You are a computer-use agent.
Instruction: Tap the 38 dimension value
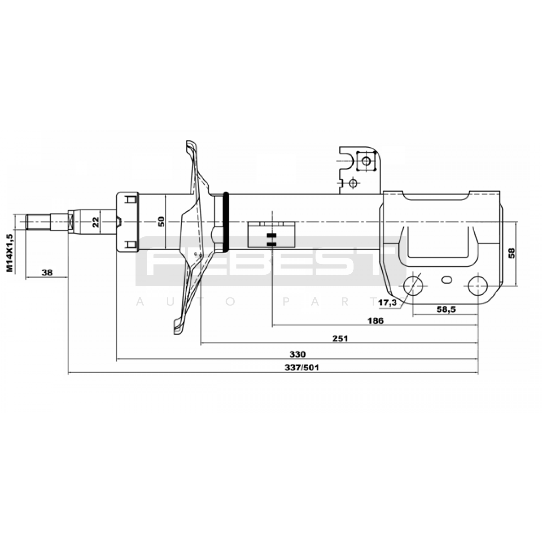47,272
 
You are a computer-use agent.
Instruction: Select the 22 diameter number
96,222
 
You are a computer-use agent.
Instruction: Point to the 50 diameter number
162,222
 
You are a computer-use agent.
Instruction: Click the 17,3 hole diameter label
388,303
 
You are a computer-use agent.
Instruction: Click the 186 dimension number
376,320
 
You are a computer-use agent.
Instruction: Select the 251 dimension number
340,338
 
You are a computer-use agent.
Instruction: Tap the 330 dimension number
297,354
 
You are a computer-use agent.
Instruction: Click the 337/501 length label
302,368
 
